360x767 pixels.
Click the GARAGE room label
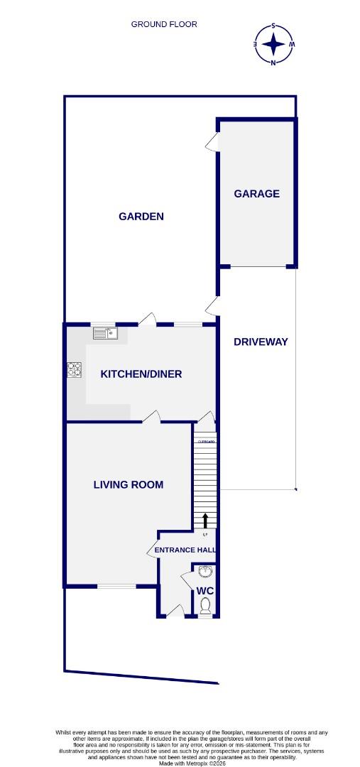click(257, 193)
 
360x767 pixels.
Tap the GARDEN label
click(141, 216)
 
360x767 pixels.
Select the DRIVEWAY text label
click(261, 342)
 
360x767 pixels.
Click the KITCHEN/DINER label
click(141, 374)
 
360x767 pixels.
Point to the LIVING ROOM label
click(129, 485)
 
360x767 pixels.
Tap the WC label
click(204, 591)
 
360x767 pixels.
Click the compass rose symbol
click(273, 44)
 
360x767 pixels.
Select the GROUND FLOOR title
click(164, 24)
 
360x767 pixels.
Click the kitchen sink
click(104, 332)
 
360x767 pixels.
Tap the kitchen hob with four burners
click(75, 369)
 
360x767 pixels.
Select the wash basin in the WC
click(205, 572)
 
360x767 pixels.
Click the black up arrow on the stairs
click(205, 520)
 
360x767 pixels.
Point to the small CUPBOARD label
click(206, 442)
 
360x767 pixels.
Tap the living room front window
click(116, 586)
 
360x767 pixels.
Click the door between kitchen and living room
click(151, 417)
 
